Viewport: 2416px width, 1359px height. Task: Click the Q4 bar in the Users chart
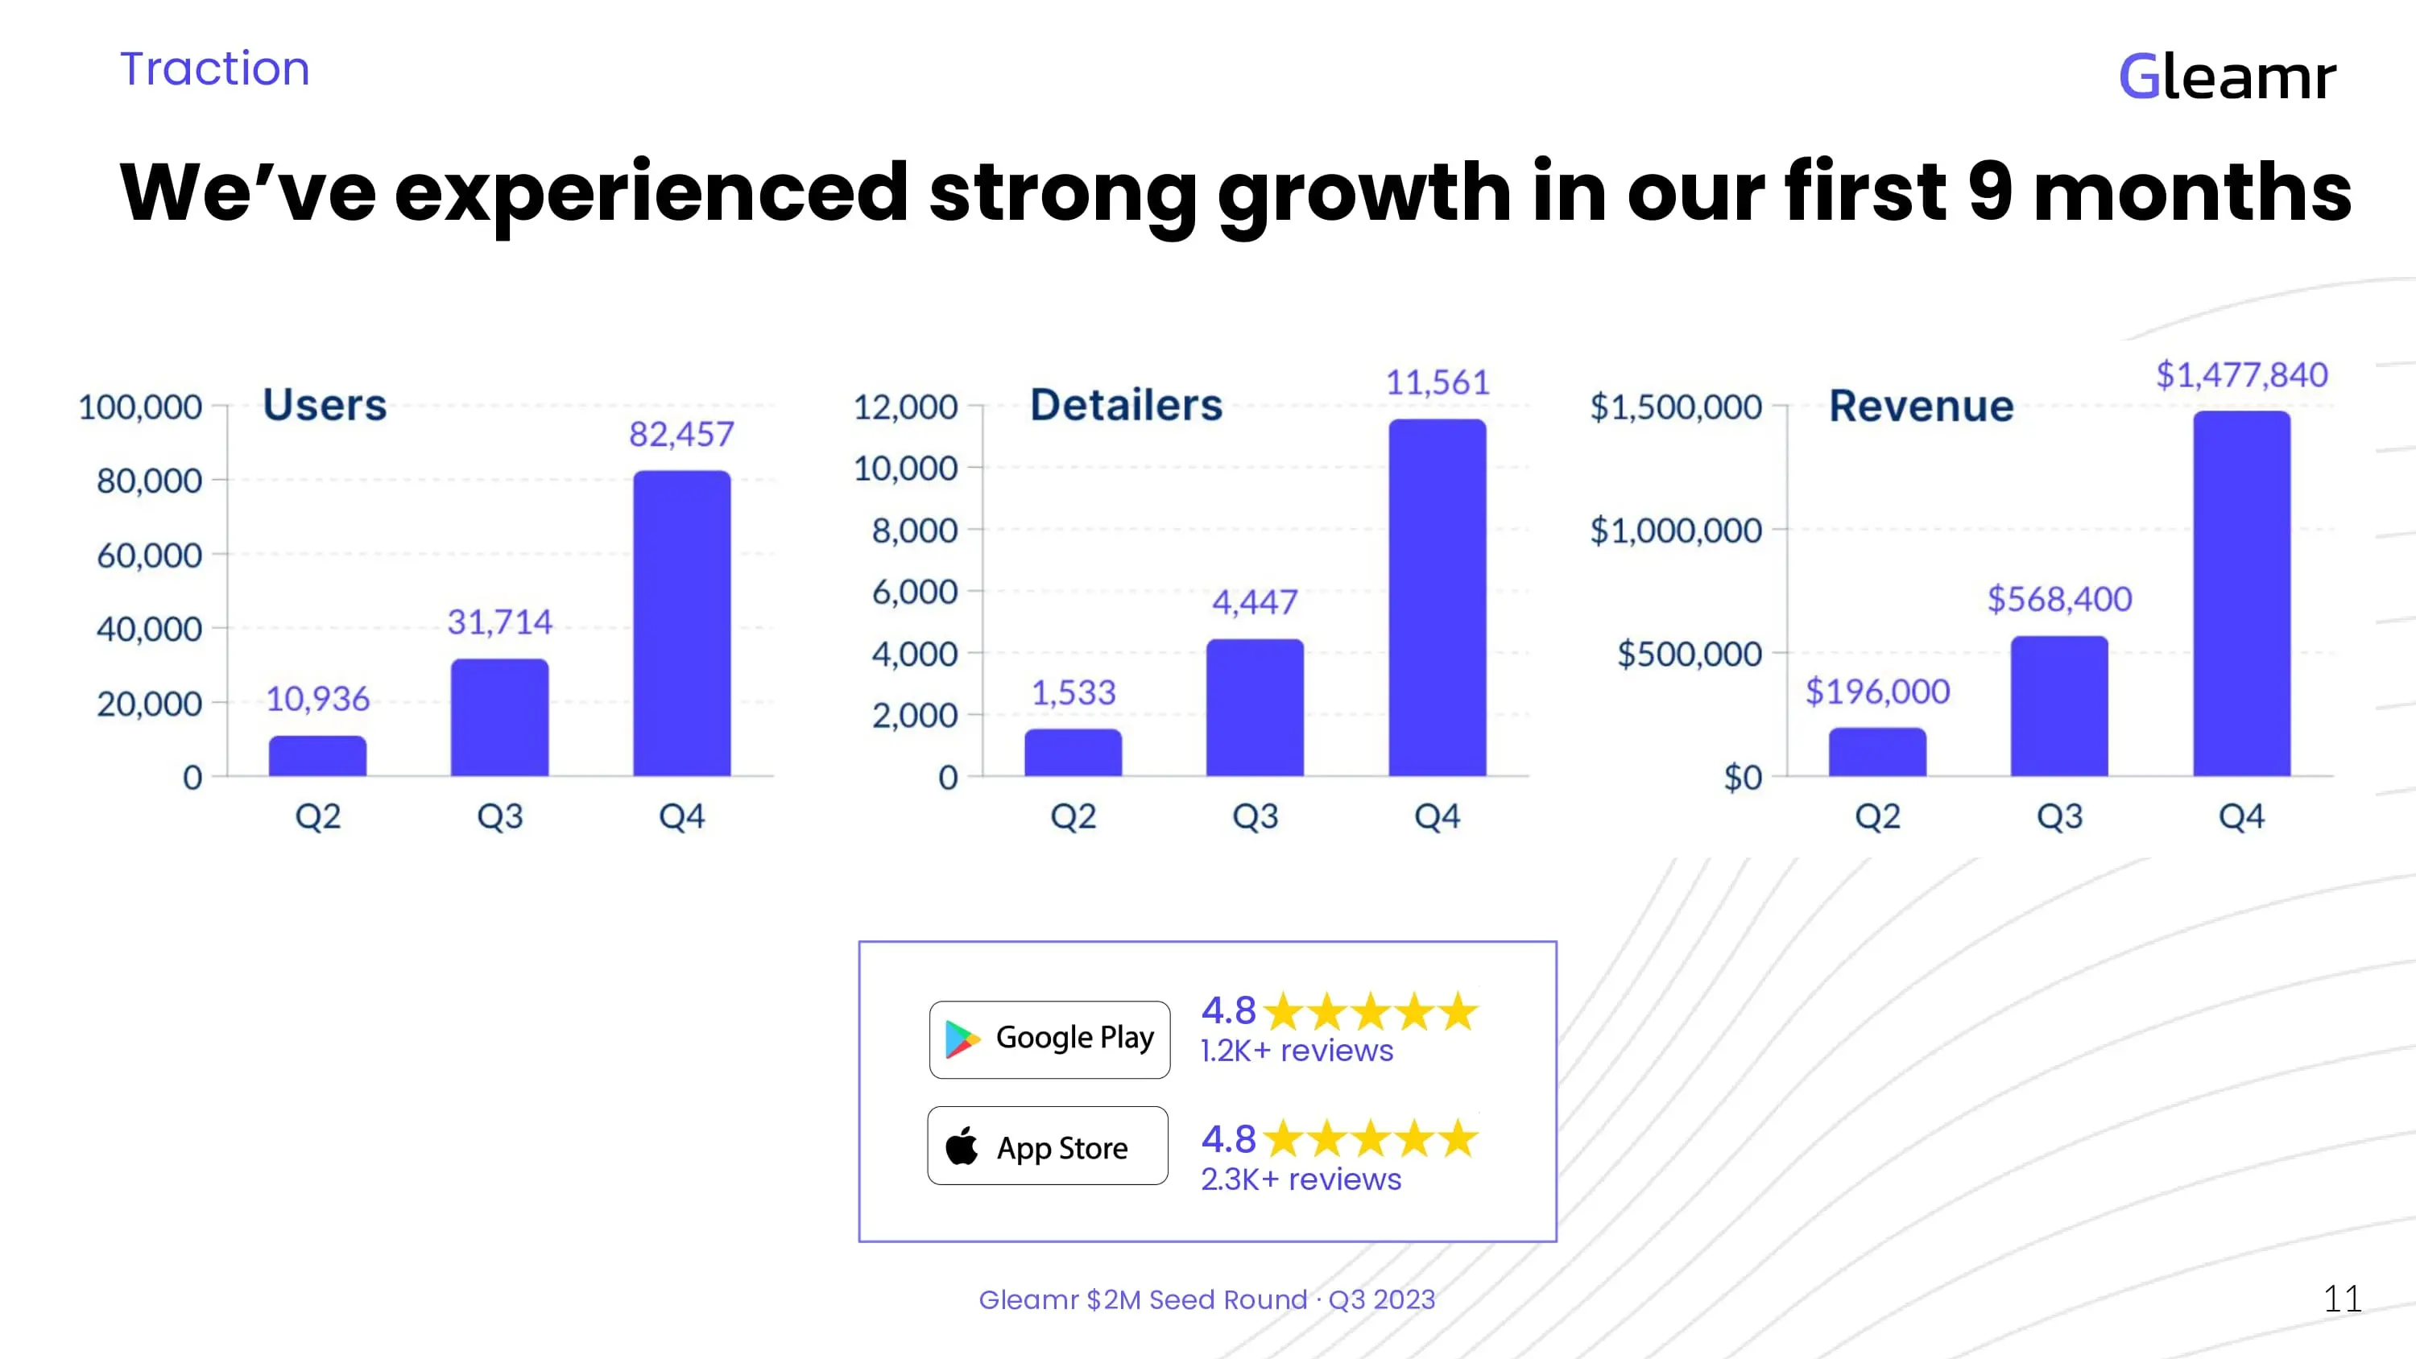point(682,623)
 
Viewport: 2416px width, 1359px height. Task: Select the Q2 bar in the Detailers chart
point(1073,752)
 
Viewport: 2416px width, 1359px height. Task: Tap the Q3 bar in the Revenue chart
point(2058,705)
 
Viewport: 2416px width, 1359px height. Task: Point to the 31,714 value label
point(500,622)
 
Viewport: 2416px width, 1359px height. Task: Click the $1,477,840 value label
point(2241,375)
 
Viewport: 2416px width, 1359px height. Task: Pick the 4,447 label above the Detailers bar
point(1255,601)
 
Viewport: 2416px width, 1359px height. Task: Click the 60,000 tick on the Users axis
point(149,556)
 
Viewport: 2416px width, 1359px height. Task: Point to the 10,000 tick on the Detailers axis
point(905,468)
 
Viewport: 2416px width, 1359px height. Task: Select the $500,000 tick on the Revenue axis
point(1689,654)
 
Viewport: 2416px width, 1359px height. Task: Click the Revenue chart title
point(1921,406)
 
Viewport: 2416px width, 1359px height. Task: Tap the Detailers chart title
point(1127,405)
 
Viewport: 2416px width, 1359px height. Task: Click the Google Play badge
point(1049,1039)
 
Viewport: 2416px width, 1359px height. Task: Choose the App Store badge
point(1048,1146)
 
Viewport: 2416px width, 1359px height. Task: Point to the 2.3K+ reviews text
point(1301,1179)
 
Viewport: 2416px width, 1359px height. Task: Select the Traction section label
point(215,68)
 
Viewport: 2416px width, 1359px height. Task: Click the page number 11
point(2342,1299)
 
